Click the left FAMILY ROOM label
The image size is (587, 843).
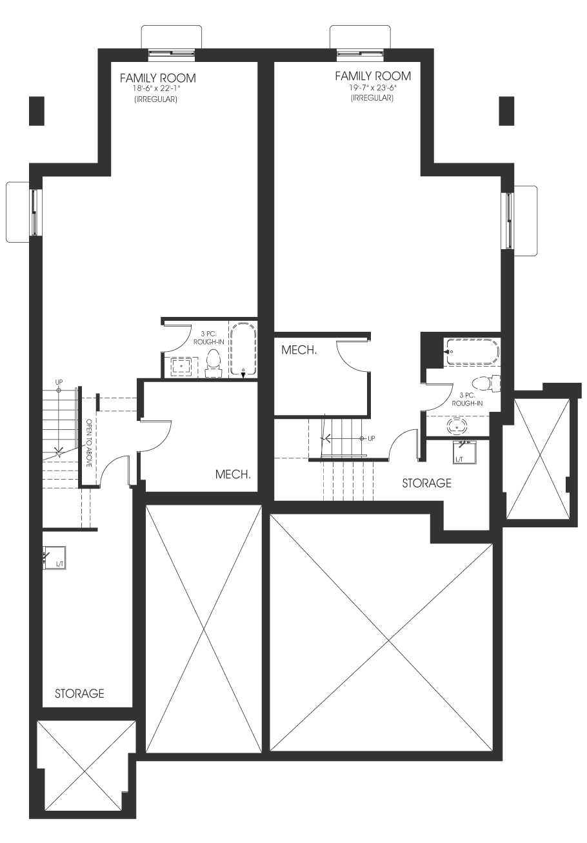[x=157, y=78]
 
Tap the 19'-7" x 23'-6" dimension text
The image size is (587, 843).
[x=373, y=88]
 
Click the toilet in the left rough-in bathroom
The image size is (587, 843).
[x=214, y=363]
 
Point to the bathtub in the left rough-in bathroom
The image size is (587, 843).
[x=243, y=349]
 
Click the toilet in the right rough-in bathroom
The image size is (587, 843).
[x=486, y=383]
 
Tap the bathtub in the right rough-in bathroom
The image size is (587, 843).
[x=473, y=352]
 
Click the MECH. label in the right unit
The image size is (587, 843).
[x=299, y=350]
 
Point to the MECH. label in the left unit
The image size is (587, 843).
[x=233, y=474]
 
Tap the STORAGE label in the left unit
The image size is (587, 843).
[x=79, y=693]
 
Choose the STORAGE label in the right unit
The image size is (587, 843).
[x=426, y=483]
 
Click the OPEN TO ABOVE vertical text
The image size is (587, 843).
[x=90, y=443]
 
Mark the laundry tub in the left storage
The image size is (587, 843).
[x=54, y=558]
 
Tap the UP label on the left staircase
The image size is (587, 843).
[x=59, y=382]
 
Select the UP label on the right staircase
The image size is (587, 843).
[x=371, y=438]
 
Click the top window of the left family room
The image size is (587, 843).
[x=172, y=55]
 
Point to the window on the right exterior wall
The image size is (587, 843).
[x=508, y=221]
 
